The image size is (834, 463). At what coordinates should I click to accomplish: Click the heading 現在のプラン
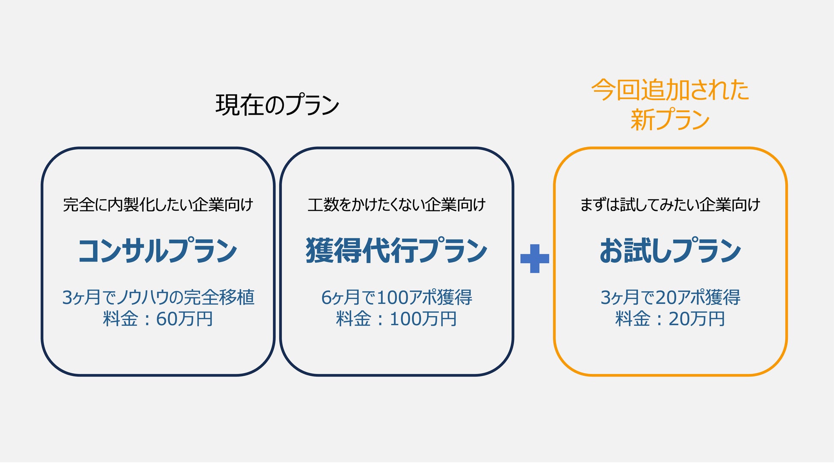click(277, 105)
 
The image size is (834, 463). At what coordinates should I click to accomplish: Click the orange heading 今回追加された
click(670, 90)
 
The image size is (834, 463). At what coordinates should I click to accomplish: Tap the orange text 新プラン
click(670, 119)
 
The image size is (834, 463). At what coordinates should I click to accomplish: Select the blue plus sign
click(535, 258)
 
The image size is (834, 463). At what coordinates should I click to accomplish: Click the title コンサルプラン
click(157, 251)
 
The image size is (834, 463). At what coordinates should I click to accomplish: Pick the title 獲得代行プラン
click(396, 251)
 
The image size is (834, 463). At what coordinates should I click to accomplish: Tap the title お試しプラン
click(670, 251)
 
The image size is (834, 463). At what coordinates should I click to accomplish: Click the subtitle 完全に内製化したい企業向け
click(158, 205)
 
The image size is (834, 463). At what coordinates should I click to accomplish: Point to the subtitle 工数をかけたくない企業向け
click(396, 205)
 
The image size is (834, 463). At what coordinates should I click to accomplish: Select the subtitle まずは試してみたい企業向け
click(670, 205)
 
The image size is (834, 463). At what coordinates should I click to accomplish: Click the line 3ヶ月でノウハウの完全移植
click(158, 297)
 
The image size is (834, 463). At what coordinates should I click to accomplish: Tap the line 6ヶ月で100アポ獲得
click(396, 297)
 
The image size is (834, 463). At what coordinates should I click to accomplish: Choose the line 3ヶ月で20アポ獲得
click(670, 297)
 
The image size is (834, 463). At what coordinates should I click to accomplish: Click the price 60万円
click(184, 319)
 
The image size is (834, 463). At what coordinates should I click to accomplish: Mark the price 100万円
click(423, 319)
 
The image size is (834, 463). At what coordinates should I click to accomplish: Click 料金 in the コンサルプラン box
click(120, 319)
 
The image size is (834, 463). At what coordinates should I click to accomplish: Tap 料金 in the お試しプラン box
click(633, 319)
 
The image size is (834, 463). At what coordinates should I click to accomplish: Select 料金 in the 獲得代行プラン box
click(353, 319)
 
